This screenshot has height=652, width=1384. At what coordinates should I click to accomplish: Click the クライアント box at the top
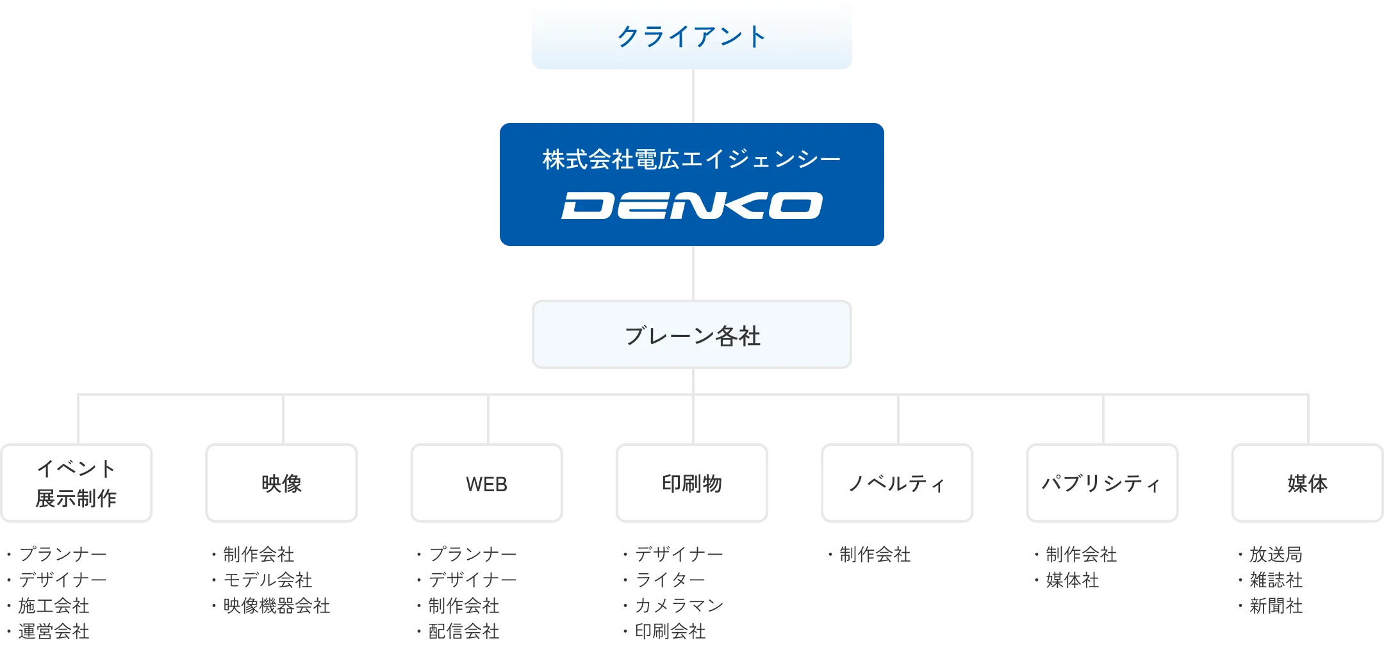[691, 36]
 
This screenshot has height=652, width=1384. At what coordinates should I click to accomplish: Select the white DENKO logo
[691, 206]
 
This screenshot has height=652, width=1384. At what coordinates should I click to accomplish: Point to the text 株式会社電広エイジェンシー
[691, 159]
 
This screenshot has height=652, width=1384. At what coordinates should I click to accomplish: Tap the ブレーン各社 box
[691, 334]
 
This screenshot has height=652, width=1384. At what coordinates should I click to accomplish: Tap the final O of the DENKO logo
[795, 206]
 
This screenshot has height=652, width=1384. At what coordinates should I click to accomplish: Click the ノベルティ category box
[896, 482]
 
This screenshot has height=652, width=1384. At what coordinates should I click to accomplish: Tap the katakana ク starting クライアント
[628, 37]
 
